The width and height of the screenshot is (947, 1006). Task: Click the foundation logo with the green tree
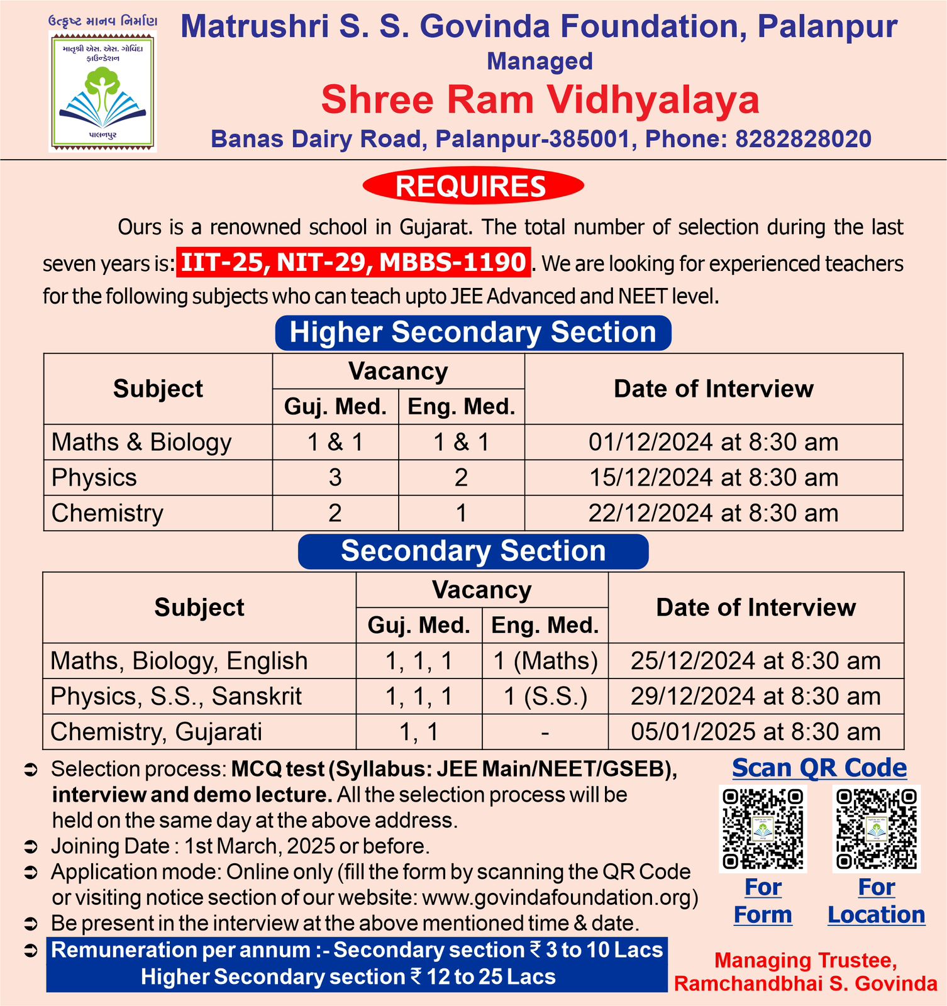(102, 91)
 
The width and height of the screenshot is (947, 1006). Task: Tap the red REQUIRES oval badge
(473, 186)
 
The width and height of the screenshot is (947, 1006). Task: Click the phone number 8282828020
(803, 139)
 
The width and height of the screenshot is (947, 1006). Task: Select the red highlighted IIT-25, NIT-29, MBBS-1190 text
(353, 262)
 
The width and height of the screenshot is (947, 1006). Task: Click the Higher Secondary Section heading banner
(473, 333)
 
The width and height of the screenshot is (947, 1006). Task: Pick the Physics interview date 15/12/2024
(713, 478)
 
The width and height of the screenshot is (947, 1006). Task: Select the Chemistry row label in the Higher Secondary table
(108, 513)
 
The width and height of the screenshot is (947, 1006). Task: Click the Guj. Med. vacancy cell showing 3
(335, 478)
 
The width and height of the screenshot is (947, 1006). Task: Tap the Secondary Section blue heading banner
(473, 551)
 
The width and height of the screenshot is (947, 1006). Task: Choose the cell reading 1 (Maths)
(545, 661)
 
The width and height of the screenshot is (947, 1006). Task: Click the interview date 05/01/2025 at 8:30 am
(755, 732)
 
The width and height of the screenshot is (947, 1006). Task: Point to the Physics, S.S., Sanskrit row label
(176, 697)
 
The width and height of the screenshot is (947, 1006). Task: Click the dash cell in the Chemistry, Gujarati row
(545, 732)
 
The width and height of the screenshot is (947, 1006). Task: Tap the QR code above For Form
(763, 829)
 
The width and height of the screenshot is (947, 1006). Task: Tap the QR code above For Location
(876, 829)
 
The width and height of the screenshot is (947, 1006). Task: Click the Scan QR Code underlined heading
(819, 768)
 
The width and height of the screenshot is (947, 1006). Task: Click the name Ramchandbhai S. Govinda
(806, 983)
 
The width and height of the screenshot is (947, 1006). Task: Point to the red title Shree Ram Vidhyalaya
(540, 100)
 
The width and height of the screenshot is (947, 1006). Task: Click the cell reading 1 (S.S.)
(545, 697)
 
